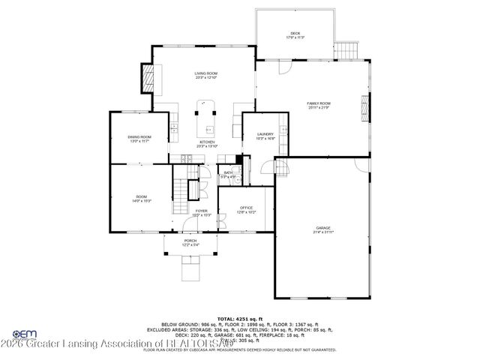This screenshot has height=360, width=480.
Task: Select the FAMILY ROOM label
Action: point(319,105)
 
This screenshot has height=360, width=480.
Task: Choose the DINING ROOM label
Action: point(139,139)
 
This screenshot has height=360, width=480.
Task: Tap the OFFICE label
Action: point(246,210)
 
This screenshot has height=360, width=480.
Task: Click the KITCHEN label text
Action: point(207,143)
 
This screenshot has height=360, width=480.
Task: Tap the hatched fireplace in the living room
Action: point(148,76)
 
